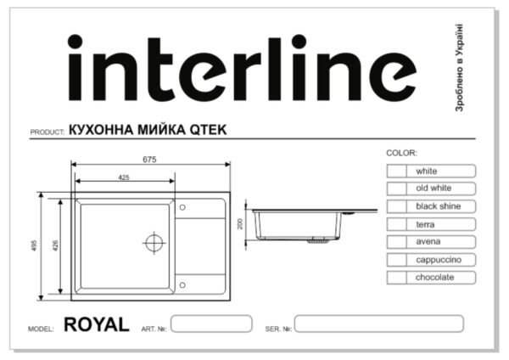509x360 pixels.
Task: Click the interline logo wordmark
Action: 242,68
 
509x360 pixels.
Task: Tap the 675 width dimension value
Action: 149,160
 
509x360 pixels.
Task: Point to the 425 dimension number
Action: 124,177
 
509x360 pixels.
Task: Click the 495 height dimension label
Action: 35,245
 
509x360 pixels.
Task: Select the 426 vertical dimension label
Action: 55,245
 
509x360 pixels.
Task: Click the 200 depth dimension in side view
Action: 240,224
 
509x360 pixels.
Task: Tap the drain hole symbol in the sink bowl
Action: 154,243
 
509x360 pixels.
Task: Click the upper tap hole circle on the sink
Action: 182,207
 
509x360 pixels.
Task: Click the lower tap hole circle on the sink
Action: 182,285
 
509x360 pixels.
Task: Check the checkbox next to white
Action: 397,171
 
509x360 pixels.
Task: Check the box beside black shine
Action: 397,206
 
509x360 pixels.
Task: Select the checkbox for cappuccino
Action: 397,260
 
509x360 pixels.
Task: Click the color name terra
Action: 425,224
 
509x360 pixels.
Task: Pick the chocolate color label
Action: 434,277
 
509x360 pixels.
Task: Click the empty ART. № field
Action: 211,323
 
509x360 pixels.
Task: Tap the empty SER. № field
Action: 379,323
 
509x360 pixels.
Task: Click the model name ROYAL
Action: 97,324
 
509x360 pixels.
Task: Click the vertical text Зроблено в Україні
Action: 459,68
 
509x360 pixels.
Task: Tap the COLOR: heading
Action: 401,153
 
